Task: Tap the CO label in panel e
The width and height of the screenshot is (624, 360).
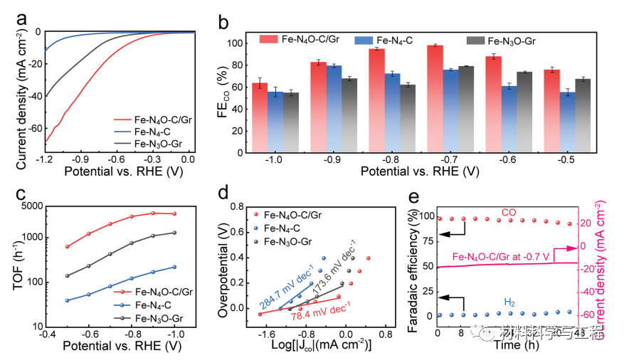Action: [508, 212]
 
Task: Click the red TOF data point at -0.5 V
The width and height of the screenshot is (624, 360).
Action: [68, 247]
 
